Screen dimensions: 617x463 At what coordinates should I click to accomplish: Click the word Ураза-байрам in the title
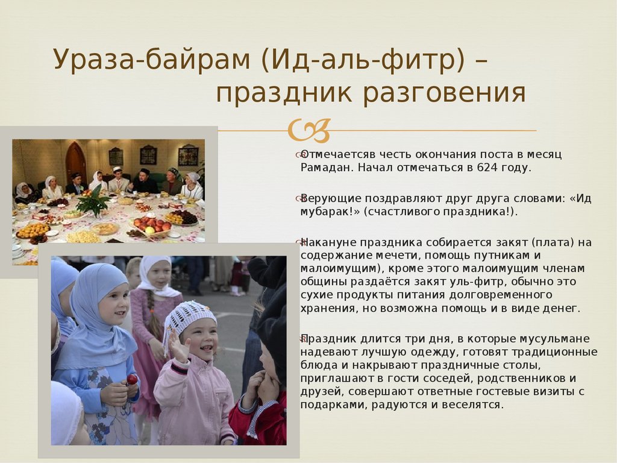pyautogui.click(x=151, y=60)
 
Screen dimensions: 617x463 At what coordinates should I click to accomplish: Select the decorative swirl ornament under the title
pyautogui.click(x=309, y=130)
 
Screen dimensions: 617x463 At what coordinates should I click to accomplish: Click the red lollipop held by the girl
pyautogui.click(x=132, y=380)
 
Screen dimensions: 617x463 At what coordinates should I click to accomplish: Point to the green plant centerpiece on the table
pyautogui.click(x=93, y=201)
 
